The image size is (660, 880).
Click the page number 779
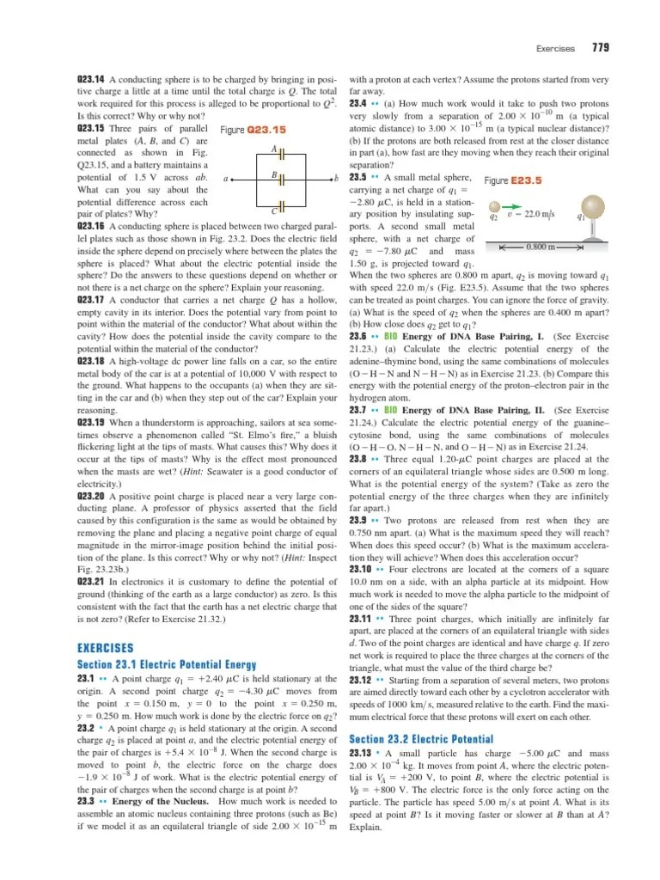600,46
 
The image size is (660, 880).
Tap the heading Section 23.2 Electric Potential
421,738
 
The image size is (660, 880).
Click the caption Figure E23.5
513,180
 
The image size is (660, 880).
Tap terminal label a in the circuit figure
224,179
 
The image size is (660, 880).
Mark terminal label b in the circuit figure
337,179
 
